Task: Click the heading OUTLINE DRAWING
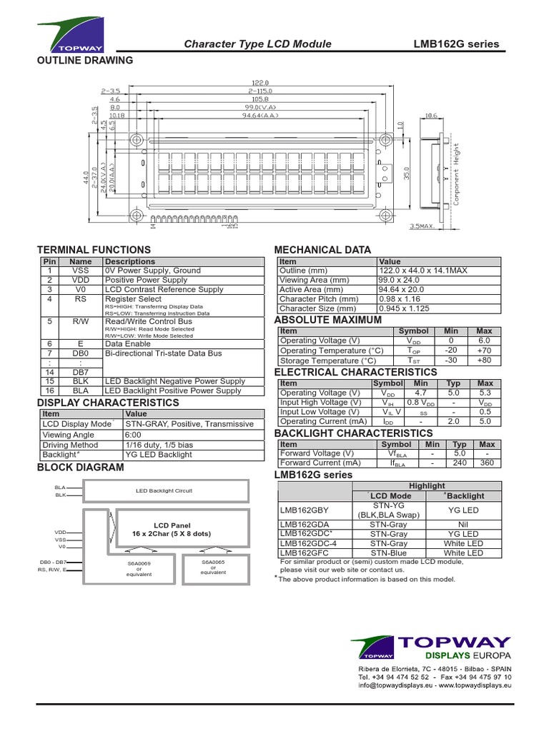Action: [84, 61]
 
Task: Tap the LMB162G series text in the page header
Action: [456, 44]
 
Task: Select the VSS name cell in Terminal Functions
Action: [80, 271]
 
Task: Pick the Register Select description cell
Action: [134, 299]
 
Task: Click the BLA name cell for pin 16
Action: [80, 391]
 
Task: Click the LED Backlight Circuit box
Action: [164, 491]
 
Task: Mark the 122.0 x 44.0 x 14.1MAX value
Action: [422, 271]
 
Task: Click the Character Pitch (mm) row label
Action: [319, 299]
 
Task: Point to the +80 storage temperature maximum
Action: [484, 361]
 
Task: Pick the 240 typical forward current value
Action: [460, 463]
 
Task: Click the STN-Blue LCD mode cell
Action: [390, 553]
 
